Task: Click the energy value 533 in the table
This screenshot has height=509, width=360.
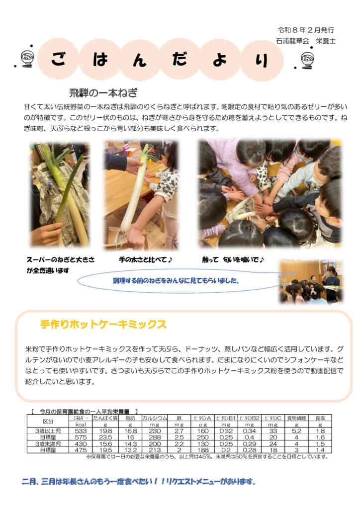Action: click(x=81, y=431)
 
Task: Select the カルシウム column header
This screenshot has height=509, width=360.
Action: click(x=155, y=418)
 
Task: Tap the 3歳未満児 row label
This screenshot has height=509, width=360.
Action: click(x=48, y=444)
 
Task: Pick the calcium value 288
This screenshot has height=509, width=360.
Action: click(x=155, y=437)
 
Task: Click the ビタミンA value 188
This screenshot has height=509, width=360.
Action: click(x=202, y=450)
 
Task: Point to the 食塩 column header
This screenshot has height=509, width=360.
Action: click(x=320, y=418)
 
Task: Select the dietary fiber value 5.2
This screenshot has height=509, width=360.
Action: click(x=296, y=431)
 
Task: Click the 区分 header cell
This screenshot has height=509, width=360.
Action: click(x=48, y=422)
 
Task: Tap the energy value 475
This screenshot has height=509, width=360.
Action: click(x=81, y=450)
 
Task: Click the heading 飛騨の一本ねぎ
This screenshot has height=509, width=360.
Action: click(x=103, y=93)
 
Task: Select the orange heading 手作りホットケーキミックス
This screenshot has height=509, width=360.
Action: click(x=103, y=324)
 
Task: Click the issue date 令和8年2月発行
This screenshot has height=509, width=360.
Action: click(x=306, y=30)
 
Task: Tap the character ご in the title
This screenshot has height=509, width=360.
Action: click(x=59, y=59)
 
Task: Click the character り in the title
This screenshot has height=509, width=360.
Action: click(x=262, y=60)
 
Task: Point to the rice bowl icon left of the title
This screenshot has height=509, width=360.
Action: click(x=27, y=59)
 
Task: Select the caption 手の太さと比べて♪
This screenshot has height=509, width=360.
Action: click(x=145, y=259)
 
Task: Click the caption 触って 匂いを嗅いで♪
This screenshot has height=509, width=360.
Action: click(x=233, y=259)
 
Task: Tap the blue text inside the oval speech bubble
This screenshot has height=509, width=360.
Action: click(x=176, y=280)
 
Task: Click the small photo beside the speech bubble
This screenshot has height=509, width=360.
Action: click(x=311, y=282)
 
